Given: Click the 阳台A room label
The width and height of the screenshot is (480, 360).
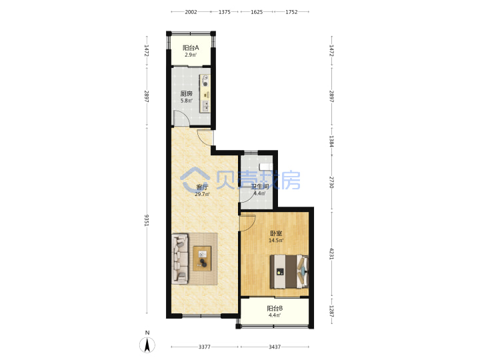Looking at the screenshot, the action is (191, 48).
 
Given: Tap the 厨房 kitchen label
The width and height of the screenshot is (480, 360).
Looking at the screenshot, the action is (187, 93).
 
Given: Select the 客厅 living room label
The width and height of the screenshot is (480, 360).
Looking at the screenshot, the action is (202, 187).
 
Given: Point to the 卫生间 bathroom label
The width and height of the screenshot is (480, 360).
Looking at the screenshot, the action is (260, 187).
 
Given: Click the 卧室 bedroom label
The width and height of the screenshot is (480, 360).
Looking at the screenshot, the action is (276, 233).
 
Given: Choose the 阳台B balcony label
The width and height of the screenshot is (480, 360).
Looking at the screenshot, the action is (275, 308).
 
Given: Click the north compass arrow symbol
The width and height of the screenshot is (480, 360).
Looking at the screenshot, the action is (147, 345).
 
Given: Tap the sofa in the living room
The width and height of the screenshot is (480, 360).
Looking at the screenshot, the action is (180, 259).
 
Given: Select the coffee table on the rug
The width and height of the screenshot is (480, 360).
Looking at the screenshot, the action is (202, 259).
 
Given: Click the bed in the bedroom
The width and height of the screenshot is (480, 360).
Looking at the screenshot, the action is (289, 272).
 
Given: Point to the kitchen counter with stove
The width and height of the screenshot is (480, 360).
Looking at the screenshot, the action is (205, 93).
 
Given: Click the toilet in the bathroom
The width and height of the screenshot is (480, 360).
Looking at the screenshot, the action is (266, 167).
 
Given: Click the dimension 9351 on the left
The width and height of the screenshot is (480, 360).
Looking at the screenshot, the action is (147, 221).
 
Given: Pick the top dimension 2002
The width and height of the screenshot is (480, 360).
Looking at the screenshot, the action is (191, 12).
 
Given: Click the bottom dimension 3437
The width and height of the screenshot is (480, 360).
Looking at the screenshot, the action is (275, 347).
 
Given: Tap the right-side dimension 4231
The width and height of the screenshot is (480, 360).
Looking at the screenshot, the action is (331, 253).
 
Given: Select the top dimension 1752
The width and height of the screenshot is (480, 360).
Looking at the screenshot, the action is (291, 12).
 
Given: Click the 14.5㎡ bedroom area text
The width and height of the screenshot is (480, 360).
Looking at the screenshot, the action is (276, 240).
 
